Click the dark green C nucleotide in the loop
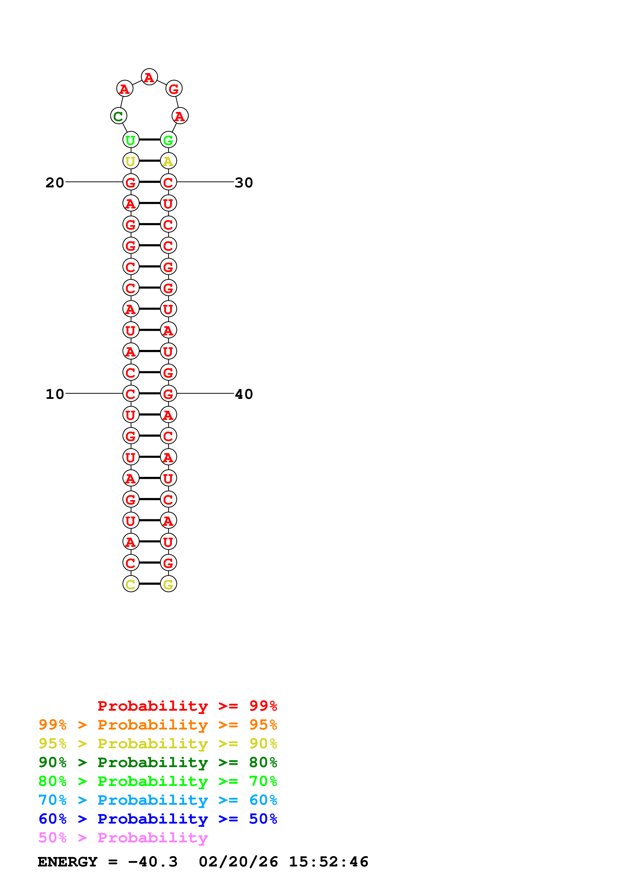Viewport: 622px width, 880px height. [x=118, y=116]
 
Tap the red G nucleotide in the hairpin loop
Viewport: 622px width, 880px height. [x=174, y=89]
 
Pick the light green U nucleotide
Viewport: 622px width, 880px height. [x=131, y=140]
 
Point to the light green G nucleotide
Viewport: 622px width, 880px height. [x=168, y=140]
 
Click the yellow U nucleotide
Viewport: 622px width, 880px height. [x=131, y=161]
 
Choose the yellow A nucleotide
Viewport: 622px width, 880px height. [x=168, y=161]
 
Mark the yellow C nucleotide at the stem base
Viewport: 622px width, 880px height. [x=131, y=584]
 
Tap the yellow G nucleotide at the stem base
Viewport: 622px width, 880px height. [x=168, y=584]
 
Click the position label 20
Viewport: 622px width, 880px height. [x=54, y=182]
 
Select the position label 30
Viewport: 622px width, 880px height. [x=244, y=182]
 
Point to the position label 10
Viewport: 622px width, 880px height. [x=54, y=394]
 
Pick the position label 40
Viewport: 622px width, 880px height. [x=244, y=394]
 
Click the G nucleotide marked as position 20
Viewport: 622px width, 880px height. [x=131, y=182]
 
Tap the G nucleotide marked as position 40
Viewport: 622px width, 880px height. [x=168, y=394]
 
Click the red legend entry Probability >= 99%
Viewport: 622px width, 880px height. [x=187, y=706]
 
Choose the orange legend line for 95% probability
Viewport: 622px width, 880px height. [x=158, y=724]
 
